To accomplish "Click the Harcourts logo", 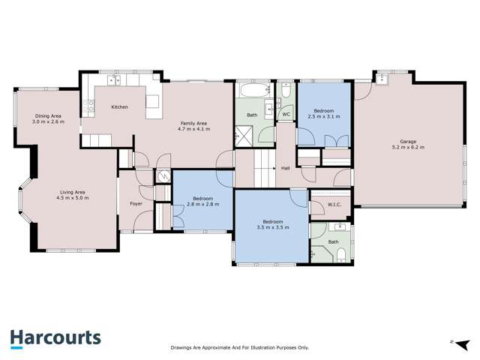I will tap(55, 339).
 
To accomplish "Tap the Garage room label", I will tap(408, 140).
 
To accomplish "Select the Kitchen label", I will tap(119, 107).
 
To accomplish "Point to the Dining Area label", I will tap(49, 115).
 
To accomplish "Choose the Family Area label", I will tap(193, 124).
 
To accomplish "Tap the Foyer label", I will tap(136, 204).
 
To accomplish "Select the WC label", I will tap(286, 115).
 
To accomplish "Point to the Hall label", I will tap(286, 168).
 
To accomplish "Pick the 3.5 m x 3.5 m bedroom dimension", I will tap(272, 227).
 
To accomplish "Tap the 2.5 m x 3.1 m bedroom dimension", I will tap(324, 117).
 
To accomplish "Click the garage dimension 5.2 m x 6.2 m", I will tap(408, 147).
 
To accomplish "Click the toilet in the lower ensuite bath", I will tap(341, 256).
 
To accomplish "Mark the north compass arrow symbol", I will tap(453, 341).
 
